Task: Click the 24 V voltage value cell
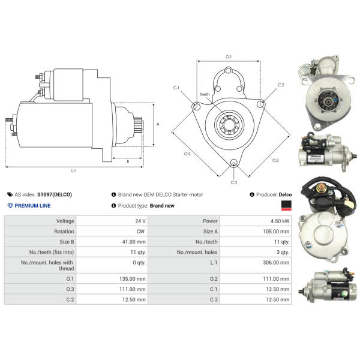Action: click(140, 221)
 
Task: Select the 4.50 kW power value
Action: click(280, 221)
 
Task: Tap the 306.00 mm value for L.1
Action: click(276, 262)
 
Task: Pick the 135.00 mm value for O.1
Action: click(133, 279)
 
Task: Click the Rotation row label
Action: click(64, 232)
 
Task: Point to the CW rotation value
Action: click(140, 232)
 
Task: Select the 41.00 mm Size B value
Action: click(134, 242)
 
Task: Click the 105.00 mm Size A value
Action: click(276, 232)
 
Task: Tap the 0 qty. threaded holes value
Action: click(139, 262)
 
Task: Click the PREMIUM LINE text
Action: click(32, 206)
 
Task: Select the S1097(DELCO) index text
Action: click(55, 194)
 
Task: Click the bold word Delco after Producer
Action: click(285, 194)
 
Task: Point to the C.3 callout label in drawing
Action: click(234, 182)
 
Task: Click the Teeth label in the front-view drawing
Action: click(205, 94)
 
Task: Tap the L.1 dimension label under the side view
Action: click(73, 171)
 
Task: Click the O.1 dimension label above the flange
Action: click(229, 57)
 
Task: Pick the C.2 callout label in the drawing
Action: click(281, 85)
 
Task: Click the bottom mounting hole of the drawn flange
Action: click(234, 162)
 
